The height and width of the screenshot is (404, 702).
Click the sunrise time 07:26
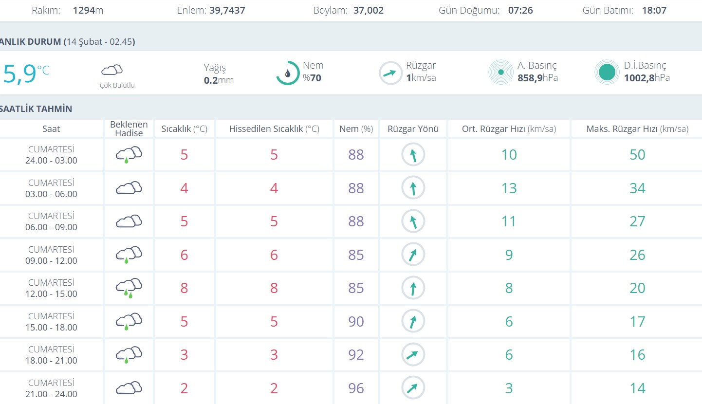(520, 10)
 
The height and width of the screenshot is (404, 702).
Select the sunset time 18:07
(654, 10)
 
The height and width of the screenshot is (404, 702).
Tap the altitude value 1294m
(88, 10)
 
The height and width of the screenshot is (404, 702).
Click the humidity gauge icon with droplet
(288, 73)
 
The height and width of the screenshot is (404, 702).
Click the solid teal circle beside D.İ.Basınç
(607, 72)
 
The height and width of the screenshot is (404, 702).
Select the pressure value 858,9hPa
(538, 78)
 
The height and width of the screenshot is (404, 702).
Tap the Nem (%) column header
(356, 129)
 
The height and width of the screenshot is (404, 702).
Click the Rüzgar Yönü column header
(413, 129)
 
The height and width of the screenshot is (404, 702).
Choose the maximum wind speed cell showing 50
(637, 155)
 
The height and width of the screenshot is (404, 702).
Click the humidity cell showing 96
(356, 388)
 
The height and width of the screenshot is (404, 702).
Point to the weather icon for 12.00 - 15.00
(129, 288)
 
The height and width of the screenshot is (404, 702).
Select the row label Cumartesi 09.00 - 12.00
(51, 255)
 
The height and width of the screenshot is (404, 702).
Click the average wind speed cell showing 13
(509, 188)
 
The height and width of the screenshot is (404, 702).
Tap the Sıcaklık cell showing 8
(184, 288)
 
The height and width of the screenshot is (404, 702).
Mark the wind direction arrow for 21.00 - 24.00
(413, 388)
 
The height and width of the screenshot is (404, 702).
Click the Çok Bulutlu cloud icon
(112, 70)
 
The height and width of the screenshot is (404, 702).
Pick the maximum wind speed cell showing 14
(637, 388)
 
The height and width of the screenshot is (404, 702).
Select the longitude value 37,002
(369, 10)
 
